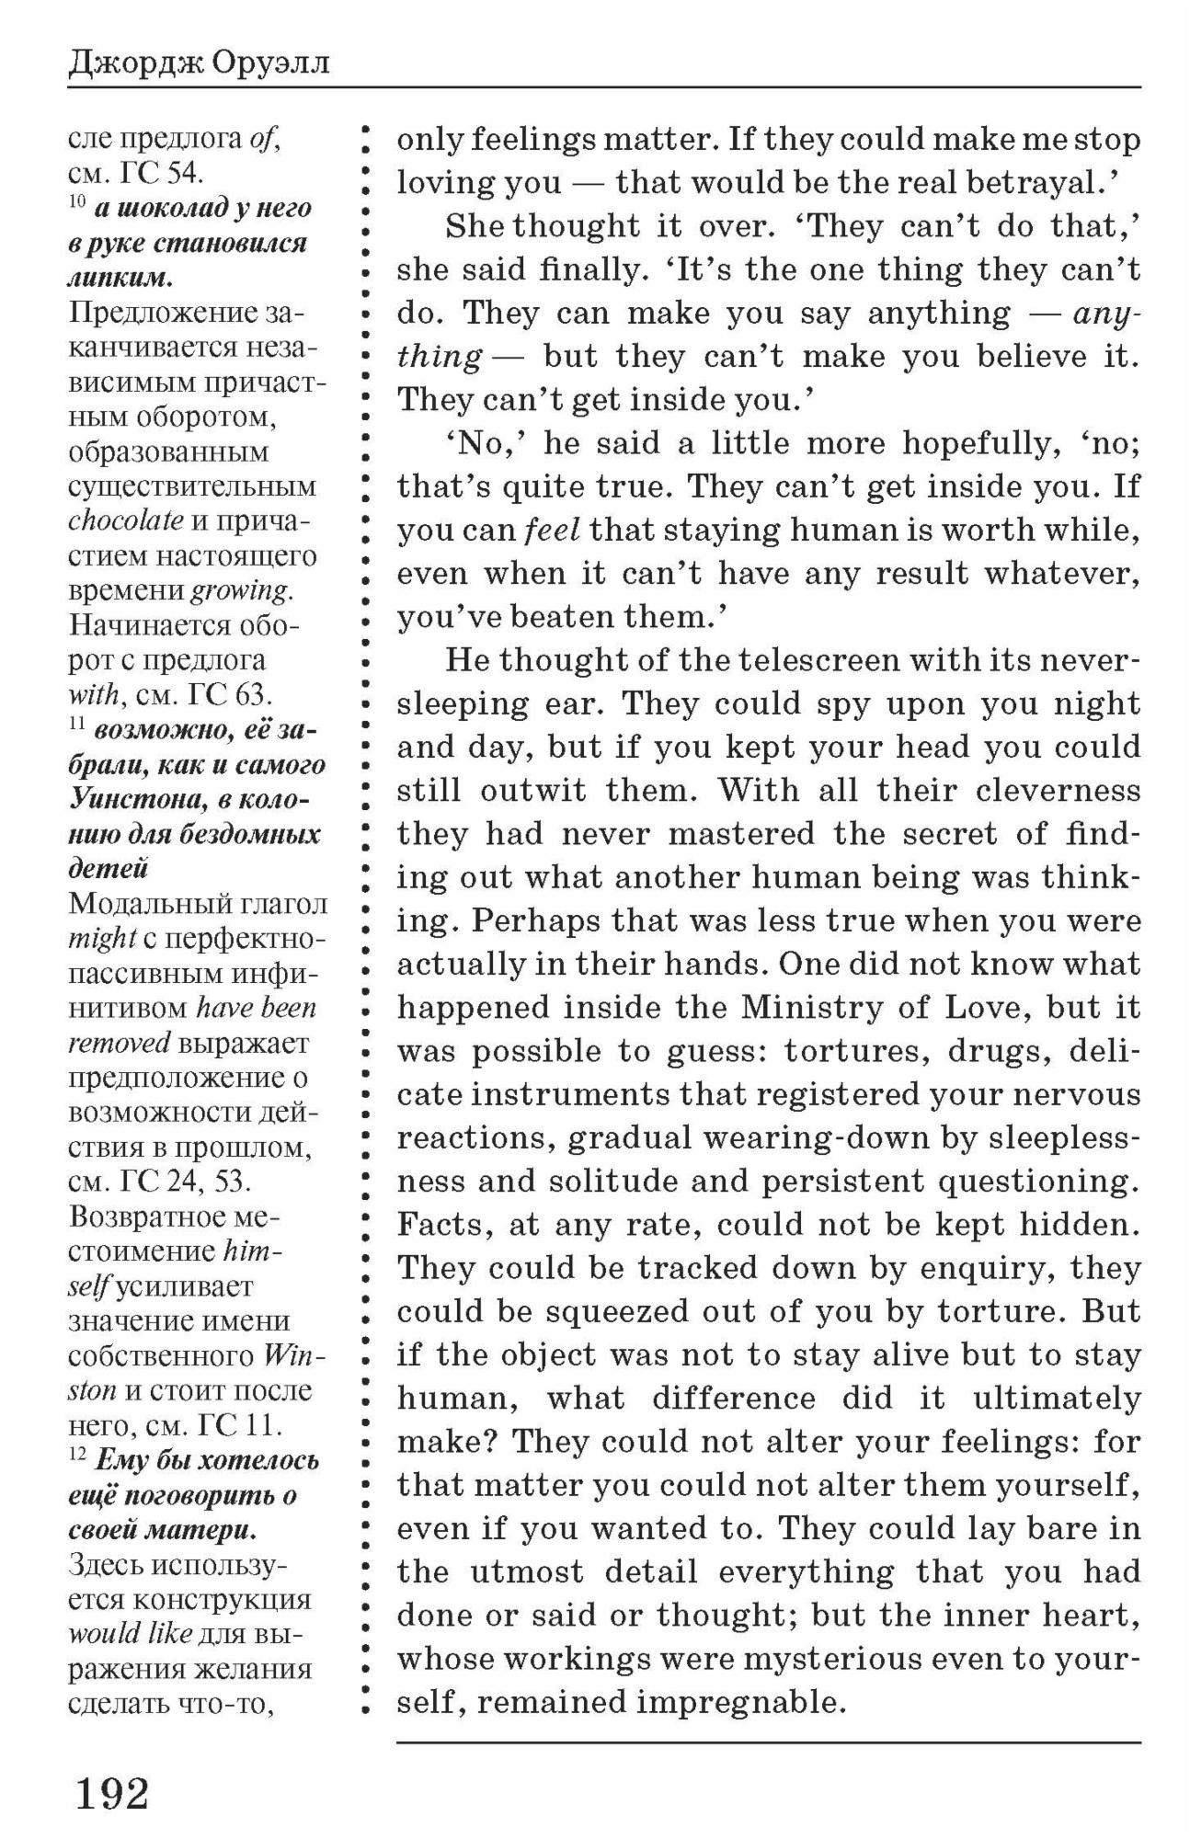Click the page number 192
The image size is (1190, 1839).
click(112, 1793)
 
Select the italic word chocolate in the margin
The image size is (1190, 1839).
click(126, 520)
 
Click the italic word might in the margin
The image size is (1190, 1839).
click(103, 939)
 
